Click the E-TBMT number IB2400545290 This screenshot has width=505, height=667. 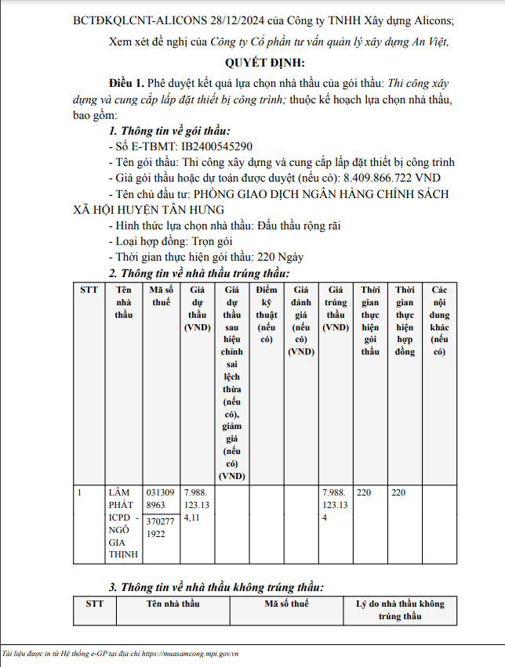[217, 146]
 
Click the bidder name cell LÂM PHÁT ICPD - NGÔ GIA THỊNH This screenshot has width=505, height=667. [123, 523]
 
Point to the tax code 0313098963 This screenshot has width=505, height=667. [161, 499]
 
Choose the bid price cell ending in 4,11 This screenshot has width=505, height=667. [197, 505]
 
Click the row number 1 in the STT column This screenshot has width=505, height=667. [82, 492]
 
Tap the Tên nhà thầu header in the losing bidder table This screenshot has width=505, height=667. [173, 604]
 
